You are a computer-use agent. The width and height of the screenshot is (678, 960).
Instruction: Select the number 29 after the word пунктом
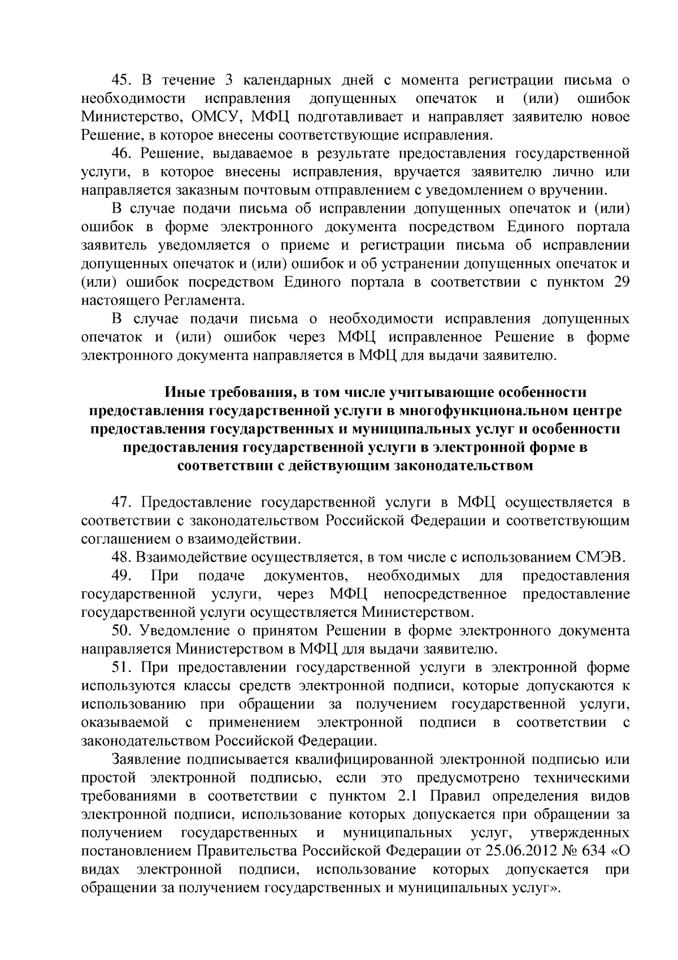pos(621,282)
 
